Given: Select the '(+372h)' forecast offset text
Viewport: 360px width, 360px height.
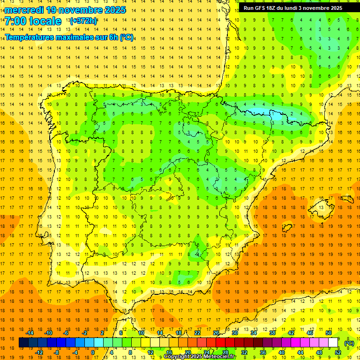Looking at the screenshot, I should pos(83,21).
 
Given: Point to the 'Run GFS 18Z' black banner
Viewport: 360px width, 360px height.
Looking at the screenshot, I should pos(292,8).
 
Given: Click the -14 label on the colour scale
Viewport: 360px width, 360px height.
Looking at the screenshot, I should pos(30,333).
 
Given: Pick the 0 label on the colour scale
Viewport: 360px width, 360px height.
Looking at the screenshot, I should pos(93,352).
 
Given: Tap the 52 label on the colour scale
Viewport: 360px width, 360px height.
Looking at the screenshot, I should pos(338,352).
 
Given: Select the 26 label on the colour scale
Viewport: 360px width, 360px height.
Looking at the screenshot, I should pos(216,333).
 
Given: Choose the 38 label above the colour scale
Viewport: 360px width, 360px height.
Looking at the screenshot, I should pos(272,333).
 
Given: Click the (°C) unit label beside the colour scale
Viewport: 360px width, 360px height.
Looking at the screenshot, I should pos(349,343).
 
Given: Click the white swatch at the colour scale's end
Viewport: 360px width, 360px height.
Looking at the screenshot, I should pos(333,343).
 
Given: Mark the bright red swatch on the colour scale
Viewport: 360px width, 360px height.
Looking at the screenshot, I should pos(221,343).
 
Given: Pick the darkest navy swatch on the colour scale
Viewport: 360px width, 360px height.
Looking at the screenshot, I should pos(23,343).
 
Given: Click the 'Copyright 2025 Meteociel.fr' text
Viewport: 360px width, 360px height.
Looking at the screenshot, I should pos(200,357).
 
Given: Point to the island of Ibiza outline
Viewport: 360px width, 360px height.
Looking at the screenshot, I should pos(286,228).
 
